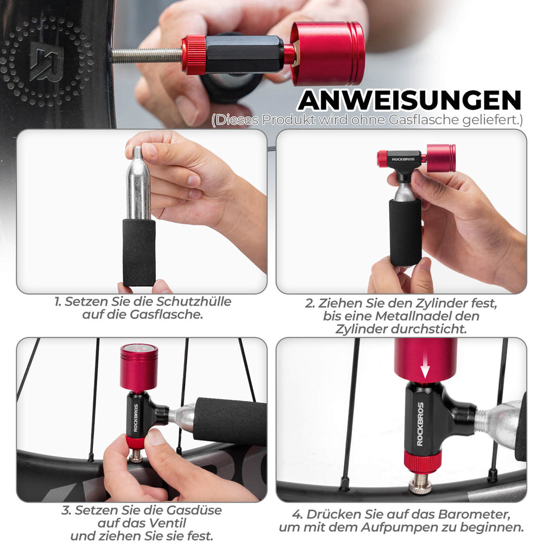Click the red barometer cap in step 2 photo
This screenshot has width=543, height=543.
click(x=441, y=158)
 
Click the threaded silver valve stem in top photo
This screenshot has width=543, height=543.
click(x=147, y=55)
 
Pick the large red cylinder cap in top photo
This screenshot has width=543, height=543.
click(x=327, y=53)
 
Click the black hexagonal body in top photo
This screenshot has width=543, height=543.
click(x=244, y=55)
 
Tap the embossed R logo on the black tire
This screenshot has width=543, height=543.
click(x=46, y=61)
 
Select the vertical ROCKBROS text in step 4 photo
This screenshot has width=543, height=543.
click(x=420, y=424)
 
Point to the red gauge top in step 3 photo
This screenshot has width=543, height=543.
click(x=139, y=367)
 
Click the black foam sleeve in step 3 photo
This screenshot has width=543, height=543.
click(x=231, y=421)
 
